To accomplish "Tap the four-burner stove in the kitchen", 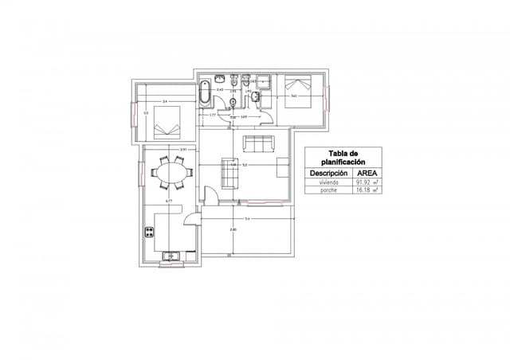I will point(149,233).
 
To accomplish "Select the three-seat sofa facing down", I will point(257,144).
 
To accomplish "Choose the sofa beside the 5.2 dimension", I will point(229,172).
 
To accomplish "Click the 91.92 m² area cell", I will point(367,182).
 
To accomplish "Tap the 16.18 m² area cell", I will point(367,191).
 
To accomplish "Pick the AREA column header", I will point(367,173).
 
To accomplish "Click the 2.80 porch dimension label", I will point(233,229).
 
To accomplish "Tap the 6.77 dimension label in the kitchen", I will point(169,201).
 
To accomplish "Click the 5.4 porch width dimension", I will point(247,218).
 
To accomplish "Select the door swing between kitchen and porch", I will point(192,223).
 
